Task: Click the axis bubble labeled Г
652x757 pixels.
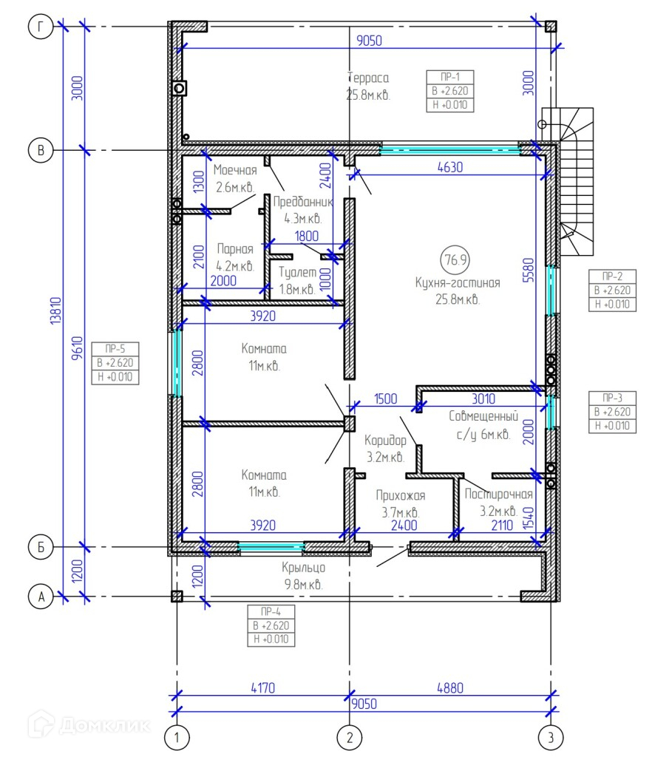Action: pos(41,27)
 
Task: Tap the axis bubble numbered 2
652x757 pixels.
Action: pos(350,737)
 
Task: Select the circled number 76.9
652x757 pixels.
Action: pos(455,259)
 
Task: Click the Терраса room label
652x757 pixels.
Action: pos(368,78)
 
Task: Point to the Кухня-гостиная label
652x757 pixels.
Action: pos(458,282)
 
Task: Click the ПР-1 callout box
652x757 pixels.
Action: pos(449,91)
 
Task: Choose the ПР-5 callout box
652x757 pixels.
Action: pos(115,363)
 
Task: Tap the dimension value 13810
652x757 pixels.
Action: pos(56,310)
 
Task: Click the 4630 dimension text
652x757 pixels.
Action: pos(449,167)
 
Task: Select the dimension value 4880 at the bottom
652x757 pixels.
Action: pos(449,688)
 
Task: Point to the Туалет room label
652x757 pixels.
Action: pos(297,272)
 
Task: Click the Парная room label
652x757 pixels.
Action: pos(235,249)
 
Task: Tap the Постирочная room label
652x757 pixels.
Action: pos(498,494)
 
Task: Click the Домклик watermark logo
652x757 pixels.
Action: pos(89,724)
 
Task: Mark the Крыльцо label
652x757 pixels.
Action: pos(304,568)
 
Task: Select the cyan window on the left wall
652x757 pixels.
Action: pos(177,362)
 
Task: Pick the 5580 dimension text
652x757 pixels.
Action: pos(529,270)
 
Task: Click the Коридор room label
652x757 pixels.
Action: pos(385,441)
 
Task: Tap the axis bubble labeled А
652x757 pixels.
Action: pos(41,597)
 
